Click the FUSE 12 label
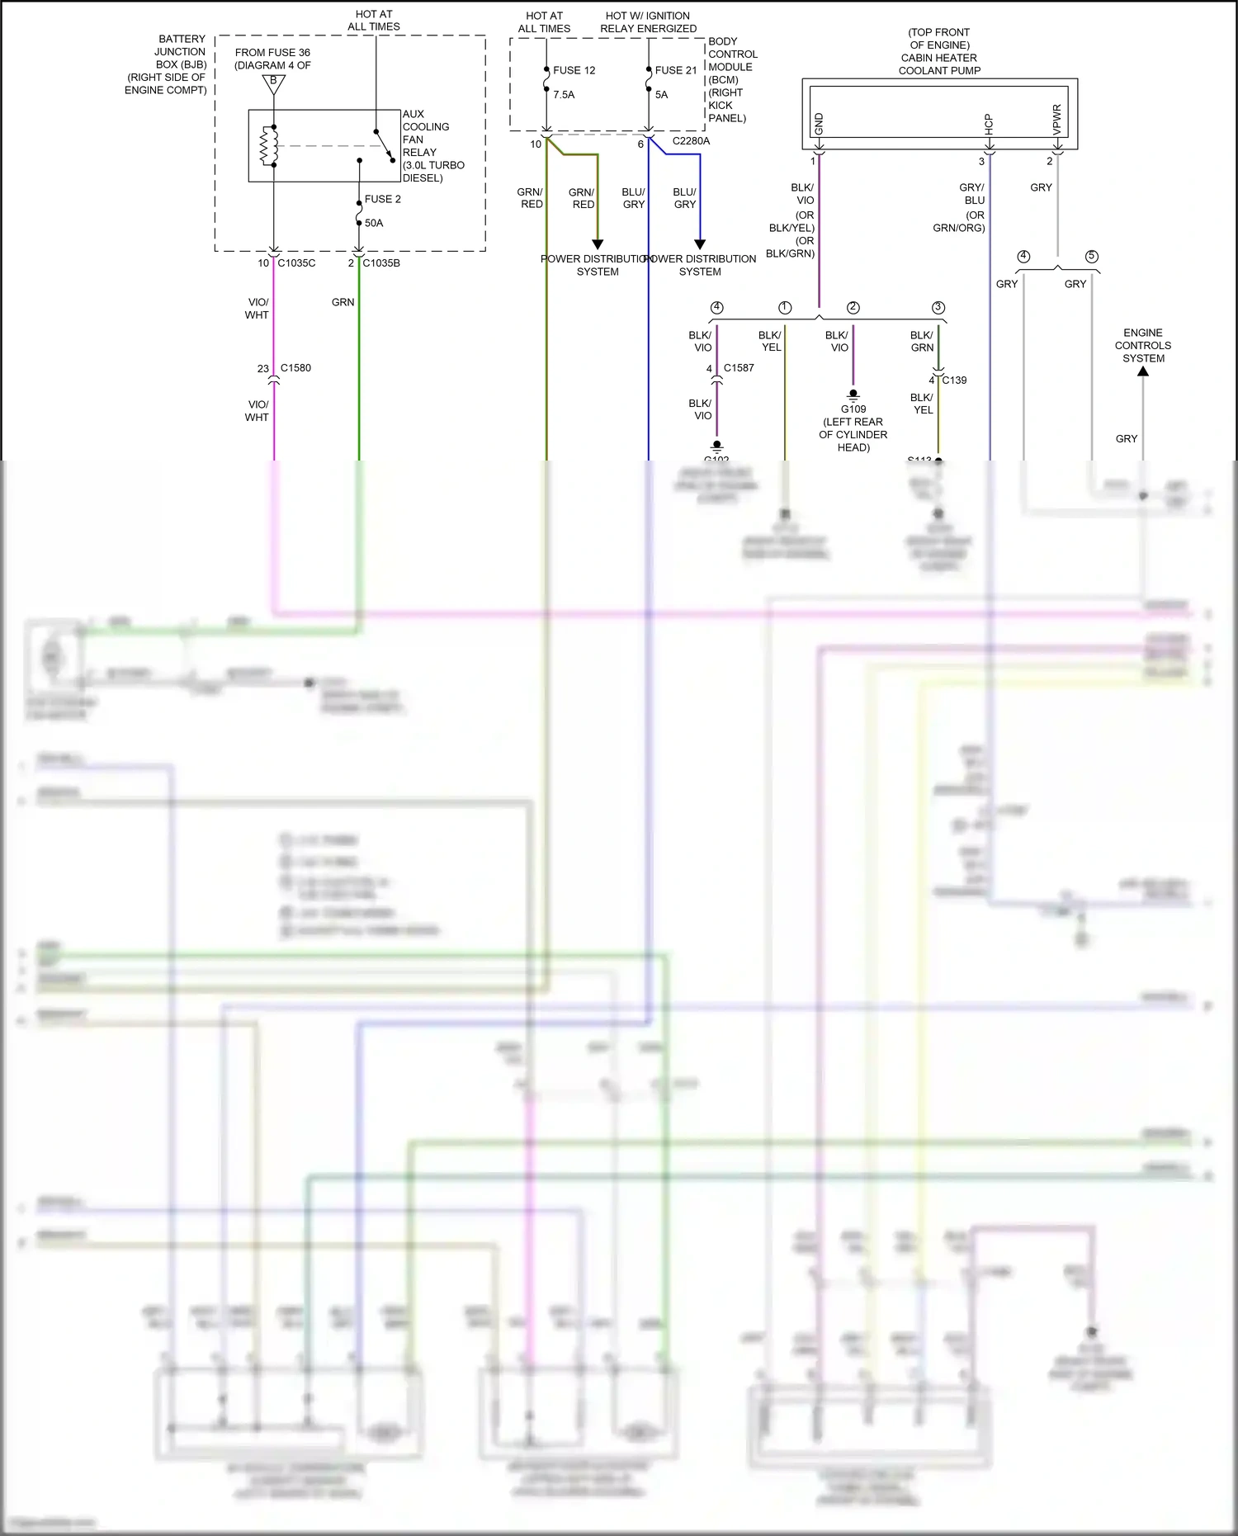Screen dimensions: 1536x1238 click(x=574, y=70)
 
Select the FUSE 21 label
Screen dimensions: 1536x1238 click(x=676, y=70)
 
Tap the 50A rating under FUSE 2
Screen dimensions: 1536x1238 click(x=374, y=223)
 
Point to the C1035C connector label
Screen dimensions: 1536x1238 click(x=296, y=263)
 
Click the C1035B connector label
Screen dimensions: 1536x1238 click(x=381, y=263)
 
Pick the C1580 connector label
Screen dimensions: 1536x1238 click(x=295, y=368)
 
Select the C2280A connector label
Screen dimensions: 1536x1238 click(x=691, y=141)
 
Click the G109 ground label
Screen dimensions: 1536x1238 click(x=853, y=409)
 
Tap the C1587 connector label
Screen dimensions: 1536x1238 click(x=739, y=368)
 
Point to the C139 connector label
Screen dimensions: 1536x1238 click(x=954, y=380)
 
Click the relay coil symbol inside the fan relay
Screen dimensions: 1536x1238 click(x=267, y=146)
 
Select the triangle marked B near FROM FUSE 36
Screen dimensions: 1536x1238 click(x=273, y=83)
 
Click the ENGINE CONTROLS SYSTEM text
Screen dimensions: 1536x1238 click(x=1142, y=346)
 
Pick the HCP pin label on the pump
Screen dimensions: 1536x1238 click(x=989, y=124)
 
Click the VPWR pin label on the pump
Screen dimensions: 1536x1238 click(x=1057, y=120)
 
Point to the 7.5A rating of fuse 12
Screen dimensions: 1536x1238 click(x=564, y=95)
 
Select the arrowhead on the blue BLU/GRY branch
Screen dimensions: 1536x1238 click(x=700, y=244)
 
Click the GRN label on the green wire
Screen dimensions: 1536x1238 click(x=343, y=303)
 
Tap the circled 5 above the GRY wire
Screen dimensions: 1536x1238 click(x=1092, y=257)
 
